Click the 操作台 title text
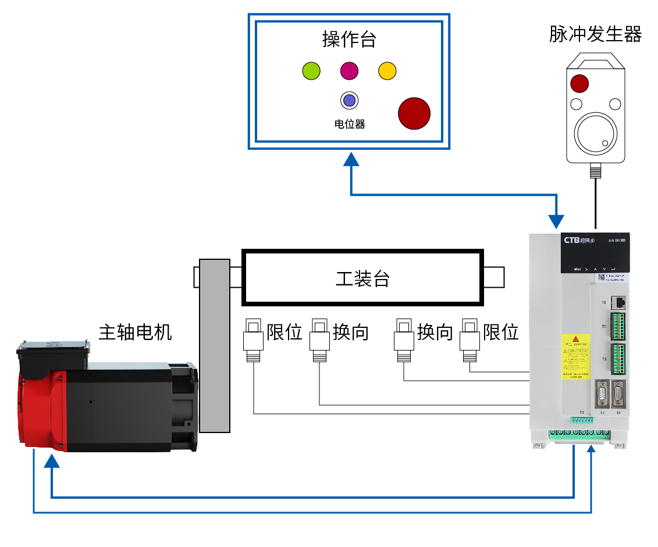(x=349, y=39)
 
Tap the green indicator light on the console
(x=311, y=71)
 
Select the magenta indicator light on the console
(x=349, y=71)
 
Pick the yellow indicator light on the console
(x=387, y=71)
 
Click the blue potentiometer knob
(x=349, y=101)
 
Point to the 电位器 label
(x=349, y=124)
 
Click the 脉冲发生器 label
(x=595, y=35)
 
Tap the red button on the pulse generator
(x=579, y=83)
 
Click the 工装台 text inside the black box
(x=362, y=278)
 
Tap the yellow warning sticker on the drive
(x=575, y=356)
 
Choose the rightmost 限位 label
(x=501, y=332)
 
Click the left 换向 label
(x=350, y=332)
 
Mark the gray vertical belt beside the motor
(x=215, y=346)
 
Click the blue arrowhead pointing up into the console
(x=351, y=160)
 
